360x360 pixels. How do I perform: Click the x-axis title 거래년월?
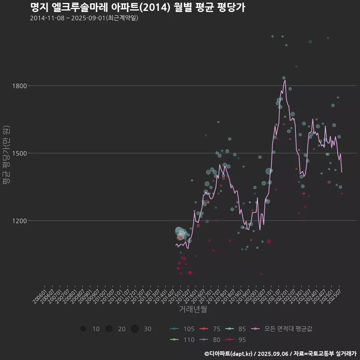click(193, 309)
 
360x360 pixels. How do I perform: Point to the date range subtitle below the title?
click(84, 18)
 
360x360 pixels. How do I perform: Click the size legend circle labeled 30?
click(135, 329)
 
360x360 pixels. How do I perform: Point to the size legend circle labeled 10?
click(83, 329)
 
